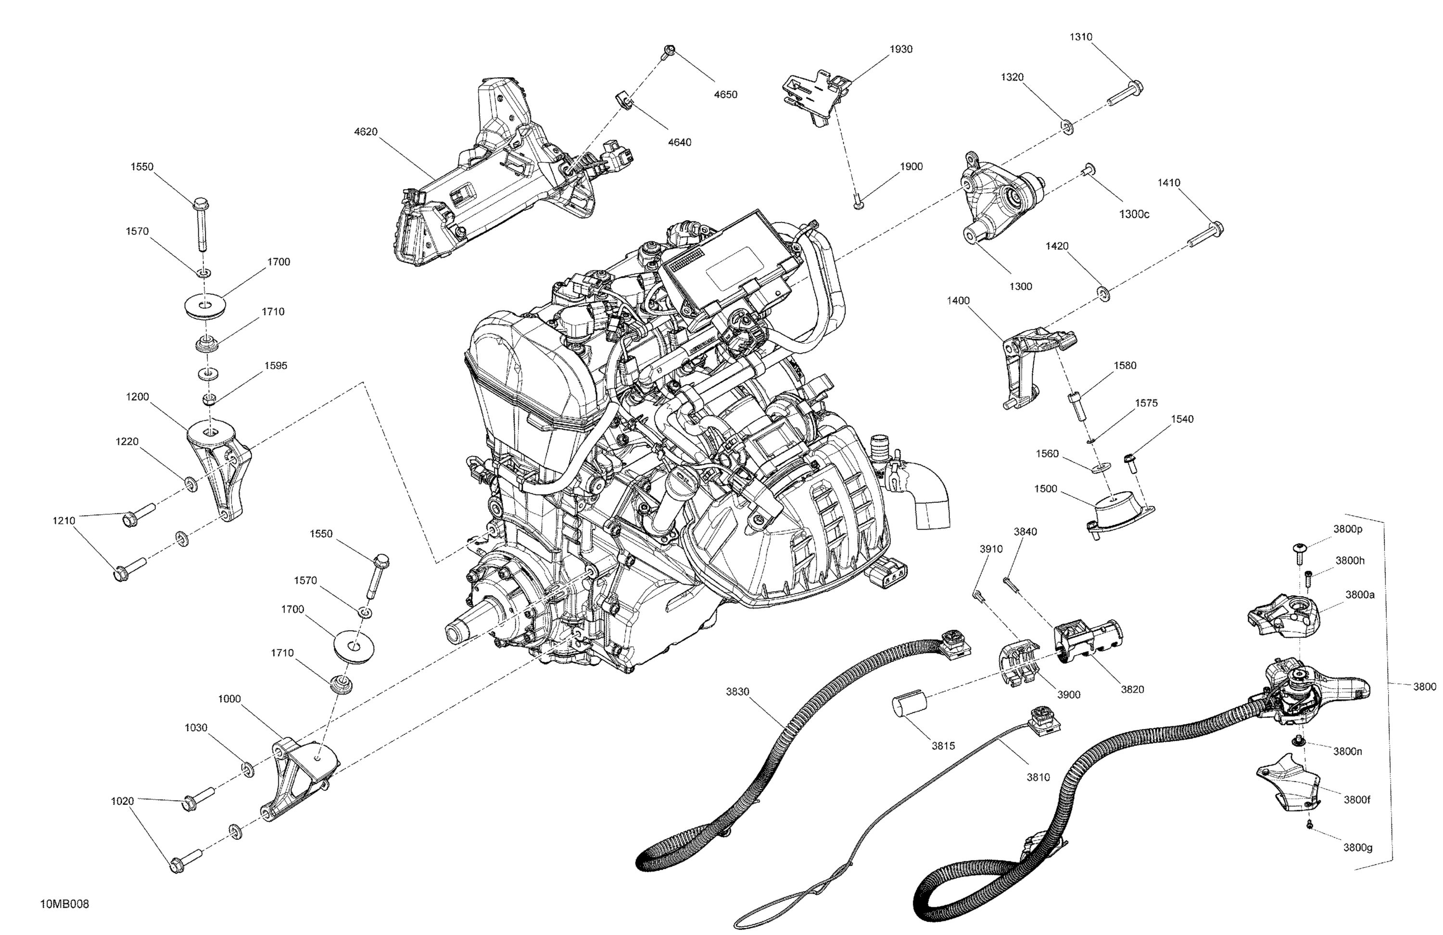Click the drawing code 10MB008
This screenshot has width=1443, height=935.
(x=64, y=904)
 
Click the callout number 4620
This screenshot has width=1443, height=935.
(x=366, y=132)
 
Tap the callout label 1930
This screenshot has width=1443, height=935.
(x=901, y=49)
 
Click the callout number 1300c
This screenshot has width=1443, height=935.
(x=1134, y=214)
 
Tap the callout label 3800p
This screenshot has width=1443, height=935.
(x=1347, y=528)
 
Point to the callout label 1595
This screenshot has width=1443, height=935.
(x=276, y=365)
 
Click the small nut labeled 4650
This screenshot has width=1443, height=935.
(x=670, y=51)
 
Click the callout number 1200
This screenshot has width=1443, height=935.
(x=137, y=397)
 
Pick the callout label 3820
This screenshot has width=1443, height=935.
(x=1132, y=689)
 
